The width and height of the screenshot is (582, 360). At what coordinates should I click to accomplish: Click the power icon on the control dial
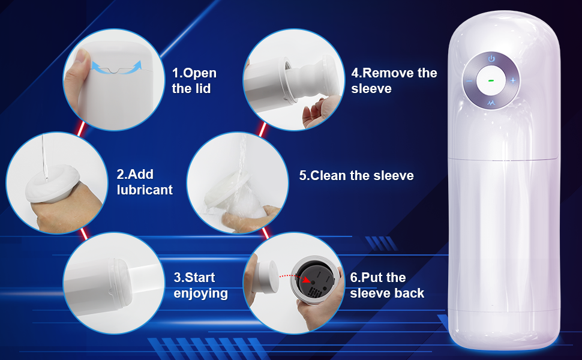point(491,59)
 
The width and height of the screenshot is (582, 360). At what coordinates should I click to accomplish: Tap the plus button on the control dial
point(513,80)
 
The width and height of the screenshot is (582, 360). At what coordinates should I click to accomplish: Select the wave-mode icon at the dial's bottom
point(491,103)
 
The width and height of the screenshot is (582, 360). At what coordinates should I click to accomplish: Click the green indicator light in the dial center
point(491,80)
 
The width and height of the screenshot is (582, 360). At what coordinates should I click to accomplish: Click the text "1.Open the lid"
point(194,80)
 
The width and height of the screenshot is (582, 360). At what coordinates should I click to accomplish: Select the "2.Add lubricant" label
point(145,182)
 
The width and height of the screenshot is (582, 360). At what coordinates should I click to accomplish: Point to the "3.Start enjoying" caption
point(200,285)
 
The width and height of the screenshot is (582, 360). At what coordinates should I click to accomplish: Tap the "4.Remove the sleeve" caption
point(394,80)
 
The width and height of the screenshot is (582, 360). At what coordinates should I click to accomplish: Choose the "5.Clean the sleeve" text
point(356,176)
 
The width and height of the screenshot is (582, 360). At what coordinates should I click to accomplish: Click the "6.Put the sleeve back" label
point(387,285)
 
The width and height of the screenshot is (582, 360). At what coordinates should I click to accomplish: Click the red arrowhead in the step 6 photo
point(307,280)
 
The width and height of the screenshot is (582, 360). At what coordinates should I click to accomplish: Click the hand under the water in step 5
point(248,219)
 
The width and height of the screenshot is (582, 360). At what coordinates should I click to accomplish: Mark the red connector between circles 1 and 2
point(81,128)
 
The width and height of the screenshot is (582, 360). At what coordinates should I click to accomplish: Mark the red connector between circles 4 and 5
point(262,130)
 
